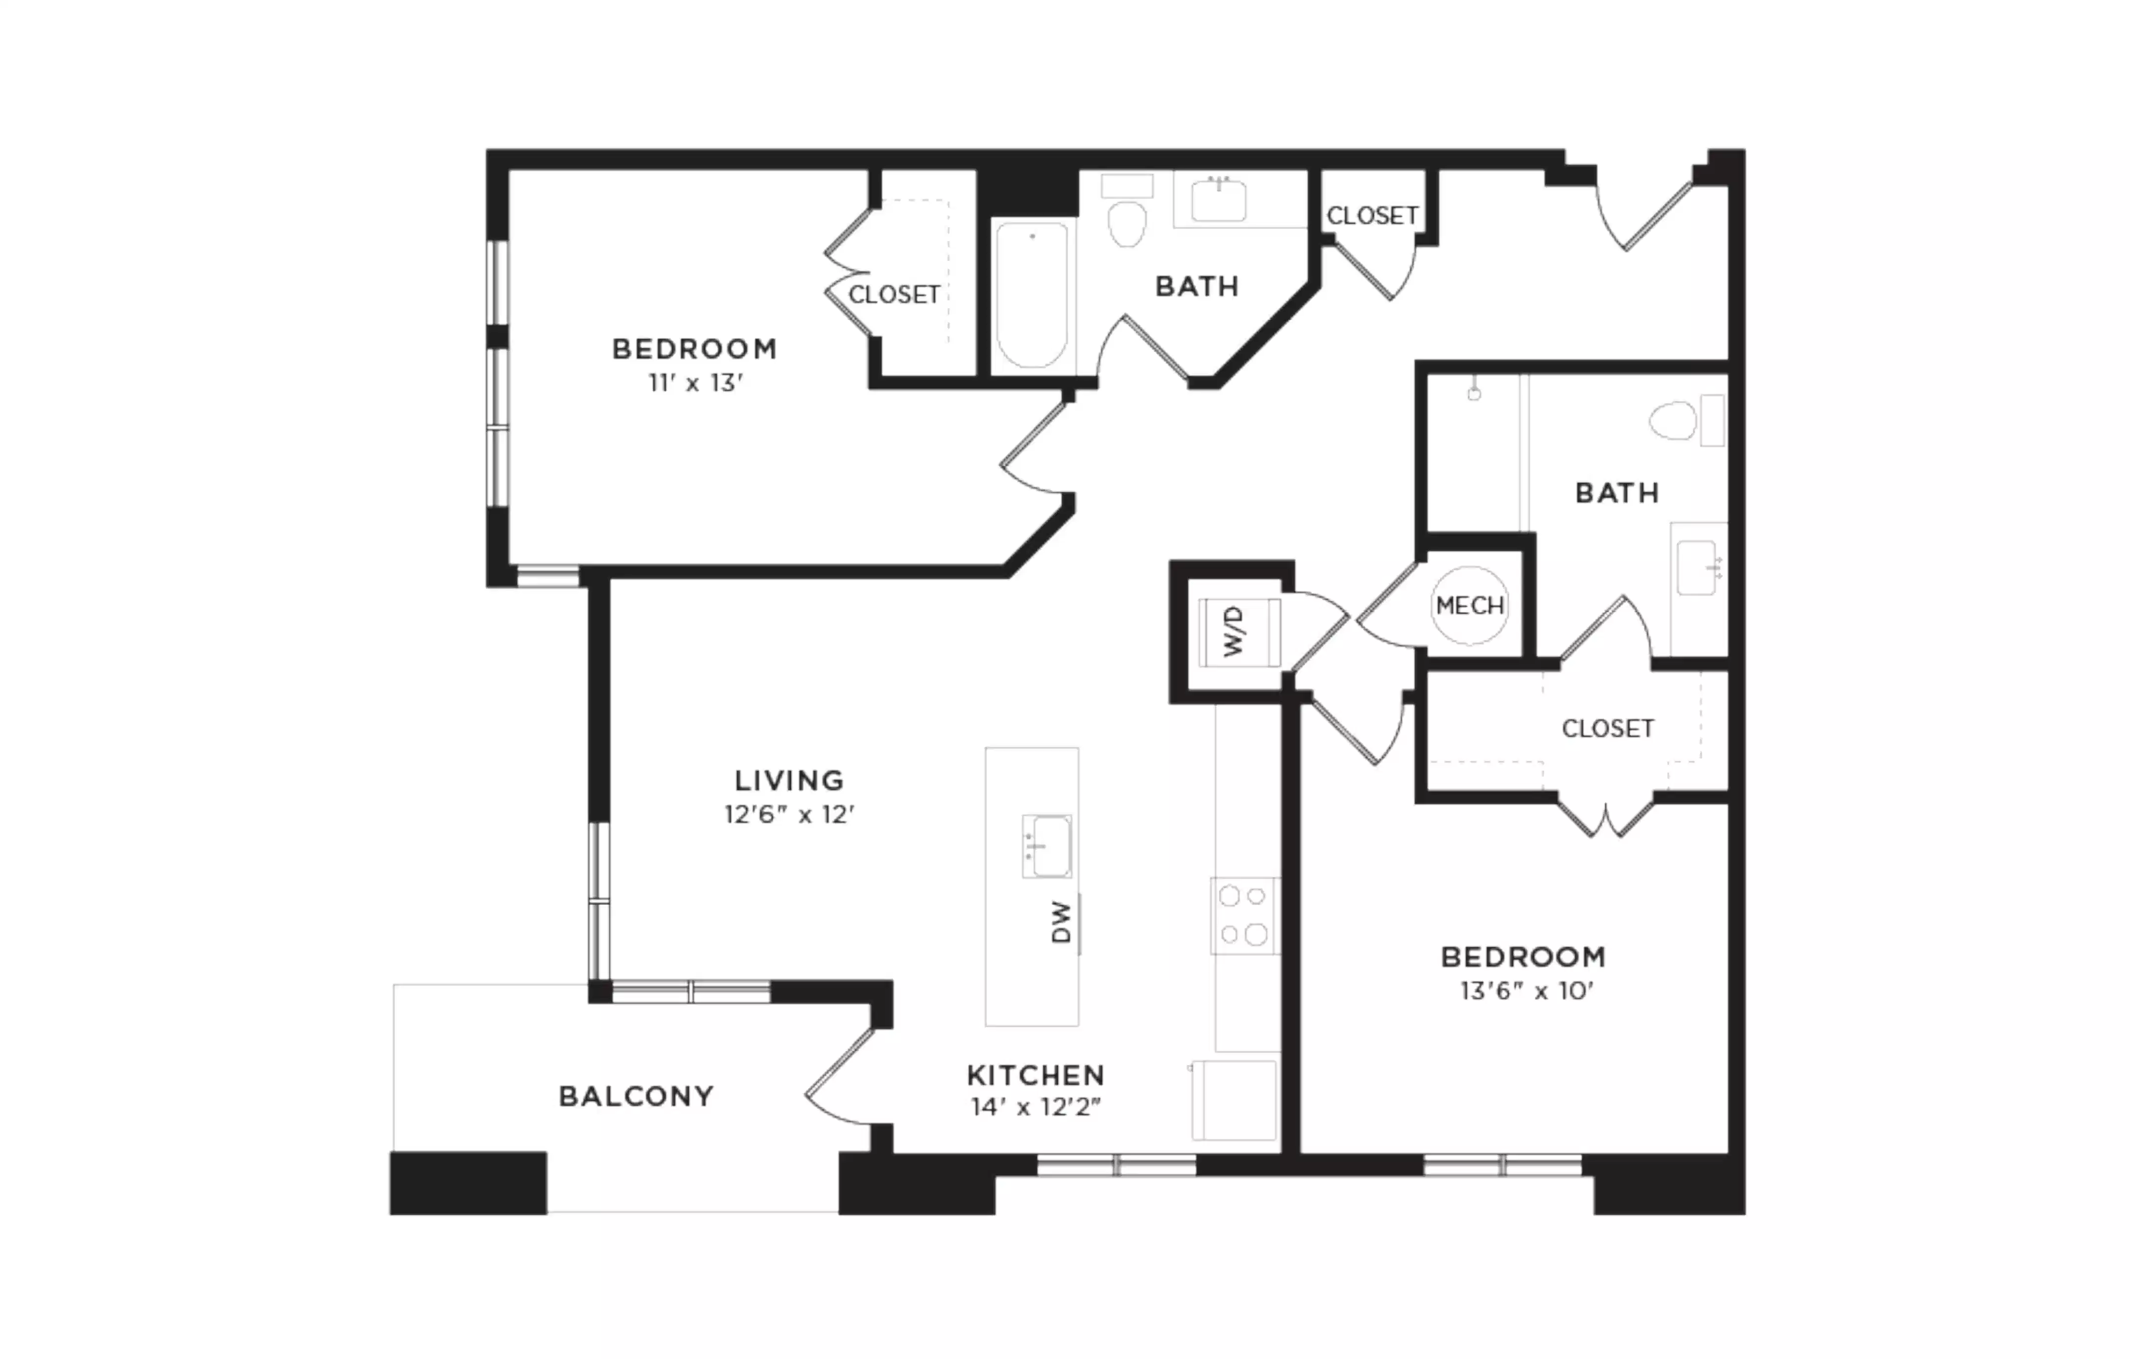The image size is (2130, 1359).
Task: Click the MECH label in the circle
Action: coord(1469,606)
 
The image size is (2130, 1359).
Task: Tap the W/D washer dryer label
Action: coord(1234,632)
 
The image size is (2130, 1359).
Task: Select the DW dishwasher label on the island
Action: coord(1061,922)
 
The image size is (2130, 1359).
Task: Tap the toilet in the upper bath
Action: coord(1127,222)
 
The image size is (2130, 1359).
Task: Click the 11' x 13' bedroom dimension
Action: coord(695,383)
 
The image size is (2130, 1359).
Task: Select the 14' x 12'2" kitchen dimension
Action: coord(1036,1107)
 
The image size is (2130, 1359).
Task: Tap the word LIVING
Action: coord(789,781)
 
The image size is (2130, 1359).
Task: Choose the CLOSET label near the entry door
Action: coord(1372,216)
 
